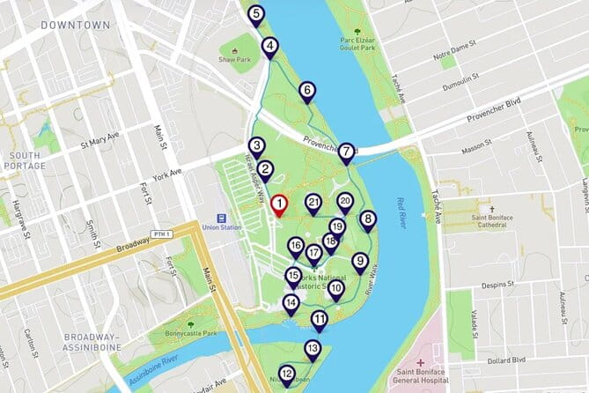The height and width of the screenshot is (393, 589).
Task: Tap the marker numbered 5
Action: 255,15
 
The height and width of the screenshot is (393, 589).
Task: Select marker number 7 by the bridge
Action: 347,152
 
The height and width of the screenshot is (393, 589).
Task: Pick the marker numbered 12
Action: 286,374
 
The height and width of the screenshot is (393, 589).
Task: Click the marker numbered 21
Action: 313,204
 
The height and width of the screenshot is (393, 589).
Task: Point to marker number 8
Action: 368,219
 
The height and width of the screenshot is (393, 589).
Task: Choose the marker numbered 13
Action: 312,349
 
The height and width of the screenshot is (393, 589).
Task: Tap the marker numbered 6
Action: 306,90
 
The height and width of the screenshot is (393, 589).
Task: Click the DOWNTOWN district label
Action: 76,25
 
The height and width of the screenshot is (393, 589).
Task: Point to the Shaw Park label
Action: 235,60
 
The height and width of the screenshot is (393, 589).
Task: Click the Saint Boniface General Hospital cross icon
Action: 421,363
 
